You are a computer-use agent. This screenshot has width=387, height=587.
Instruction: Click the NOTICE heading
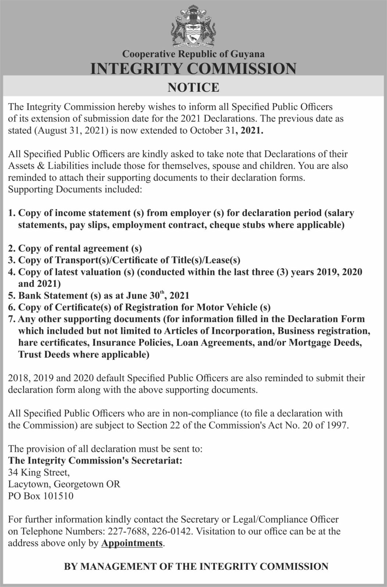193,87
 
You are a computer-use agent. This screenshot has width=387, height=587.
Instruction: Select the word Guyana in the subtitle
247,54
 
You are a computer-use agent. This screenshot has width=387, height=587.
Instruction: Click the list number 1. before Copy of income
12,213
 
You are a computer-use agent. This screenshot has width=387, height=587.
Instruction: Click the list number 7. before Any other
12,319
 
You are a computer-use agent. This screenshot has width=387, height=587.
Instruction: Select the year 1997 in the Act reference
335,426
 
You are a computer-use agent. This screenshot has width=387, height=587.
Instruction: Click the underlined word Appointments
132,543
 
